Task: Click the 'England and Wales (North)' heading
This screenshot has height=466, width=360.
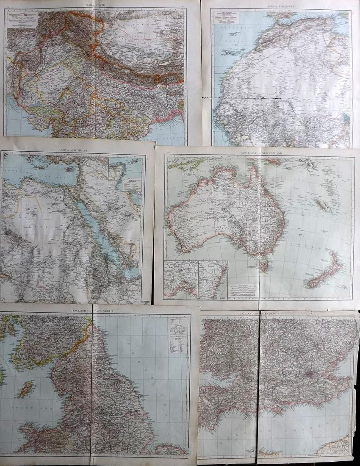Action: pos(96,311)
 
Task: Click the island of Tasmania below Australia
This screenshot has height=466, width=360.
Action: pos(264,266)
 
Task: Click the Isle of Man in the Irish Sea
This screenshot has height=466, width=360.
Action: pos(26,388)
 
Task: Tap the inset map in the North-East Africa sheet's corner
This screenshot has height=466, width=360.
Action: pos(126,174)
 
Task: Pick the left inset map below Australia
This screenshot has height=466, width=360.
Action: pos(181,280)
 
